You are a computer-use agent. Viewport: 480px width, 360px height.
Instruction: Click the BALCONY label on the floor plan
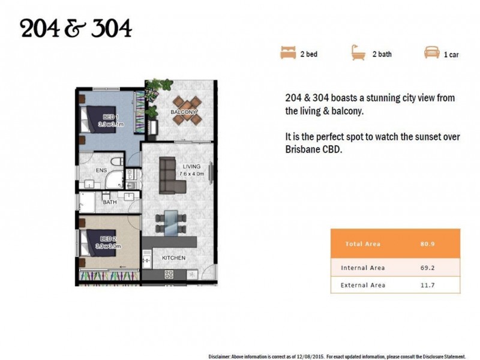click(x=183, y=112)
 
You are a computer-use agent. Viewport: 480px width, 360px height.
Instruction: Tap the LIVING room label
click(x=191, y=167)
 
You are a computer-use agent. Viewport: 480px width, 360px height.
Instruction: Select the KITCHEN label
click(x=173, y=258)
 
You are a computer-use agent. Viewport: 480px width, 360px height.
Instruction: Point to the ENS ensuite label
click(x=101, y=170)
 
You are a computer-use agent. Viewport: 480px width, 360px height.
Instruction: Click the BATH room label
click(x=110, y=202)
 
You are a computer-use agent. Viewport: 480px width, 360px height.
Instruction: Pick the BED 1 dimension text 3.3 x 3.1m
click(x=111, y=124)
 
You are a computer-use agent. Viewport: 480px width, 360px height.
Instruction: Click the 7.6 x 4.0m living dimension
click(x=192, y=174)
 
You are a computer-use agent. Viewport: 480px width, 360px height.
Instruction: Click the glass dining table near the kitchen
click(x=171, y=223)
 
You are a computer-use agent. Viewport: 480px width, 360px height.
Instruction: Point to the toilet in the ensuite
click(x=116, y=161)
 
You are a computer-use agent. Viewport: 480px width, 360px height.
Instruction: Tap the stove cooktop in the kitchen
click(x=169, y=274)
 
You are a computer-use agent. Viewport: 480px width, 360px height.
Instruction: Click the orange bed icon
click(x=288, y=52)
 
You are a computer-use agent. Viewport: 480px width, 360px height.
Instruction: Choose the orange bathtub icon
click(x=358, y=53)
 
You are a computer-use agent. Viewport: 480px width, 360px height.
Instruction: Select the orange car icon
click(x=431, y=52)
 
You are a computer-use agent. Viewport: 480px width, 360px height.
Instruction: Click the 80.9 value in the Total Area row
click(x=427, y=244)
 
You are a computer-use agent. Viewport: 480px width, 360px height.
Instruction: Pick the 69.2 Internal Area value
click(x=427, y=268)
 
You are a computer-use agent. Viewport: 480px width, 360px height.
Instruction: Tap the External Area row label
click(x=363, y=286)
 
